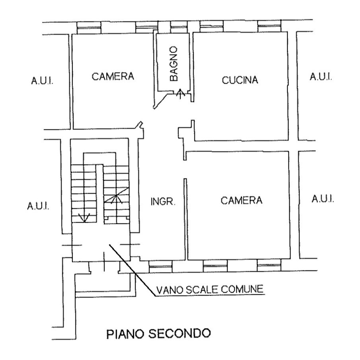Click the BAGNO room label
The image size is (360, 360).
click(174, 64)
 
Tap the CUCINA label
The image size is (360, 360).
click(240, 80)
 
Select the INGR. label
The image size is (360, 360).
click(163, 202)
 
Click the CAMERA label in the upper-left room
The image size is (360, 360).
click(113, 76)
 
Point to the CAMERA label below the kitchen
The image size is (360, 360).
click(242, 200)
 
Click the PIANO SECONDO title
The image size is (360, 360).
click(158, 333)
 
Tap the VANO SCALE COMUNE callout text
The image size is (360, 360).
click(209, 289)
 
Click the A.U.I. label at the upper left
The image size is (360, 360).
click(42, 81)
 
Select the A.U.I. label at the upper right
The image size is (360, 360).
click(321, 76)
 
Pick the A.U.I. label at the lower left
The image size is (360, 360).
click(38, 206)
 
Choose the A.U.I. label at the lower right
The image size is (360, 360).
click(323, 199)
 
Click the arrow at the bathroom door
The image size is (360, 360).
click(181, 94)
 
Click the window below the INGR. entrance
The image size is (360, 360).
click(161, 266)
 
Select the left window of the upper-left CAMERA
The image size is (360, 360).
click(89, 28)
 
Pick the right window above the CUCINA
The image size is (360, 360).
click(269, 26)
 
